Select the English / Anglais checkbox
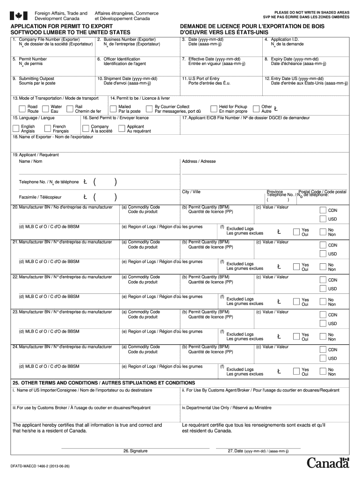tap(16, 129)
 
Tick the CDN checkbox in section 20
tap(323, 210)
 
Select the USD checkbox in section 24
tap(323, 358)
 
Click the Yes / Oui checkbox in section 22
tap(296, 302)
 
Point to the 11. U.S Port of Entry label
tap(201, 79)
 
